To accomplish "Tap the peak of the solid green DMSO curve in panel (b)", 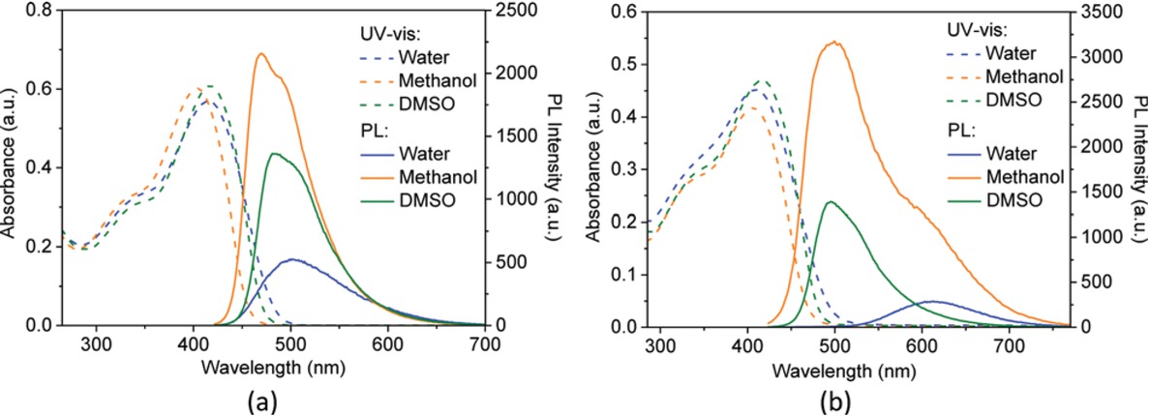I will (x=830, y=202).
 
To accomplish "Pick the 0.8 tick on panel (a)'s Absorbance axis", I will (x=39, y=12).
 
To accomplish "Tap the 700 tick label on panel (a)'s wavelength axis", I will (x=485, y=343).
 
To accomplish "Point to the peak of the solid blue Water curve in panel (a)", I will (x=292, y=259).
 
